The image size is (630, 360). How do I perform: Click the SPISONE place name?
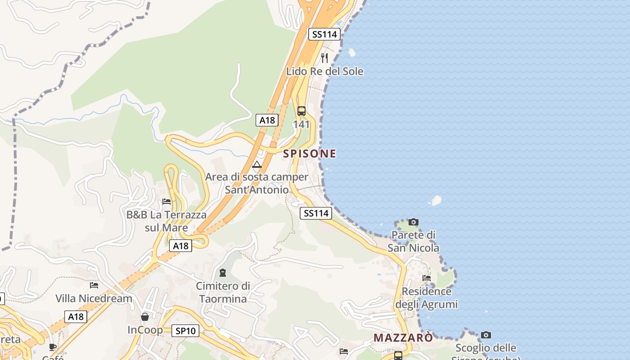coord(310,153)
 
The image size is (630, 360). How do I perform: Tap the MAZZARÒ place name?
coord(403,337)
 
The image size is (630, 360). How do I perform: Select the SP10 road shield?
coord(185,331)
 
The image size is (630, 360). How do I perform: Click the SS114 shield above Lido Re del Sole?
coord(324,34)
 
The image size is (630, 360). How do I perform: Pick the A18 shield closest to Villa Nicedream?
coord(76,316)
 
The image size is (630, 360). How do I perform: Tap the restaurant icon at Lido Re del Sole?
coord(324,58)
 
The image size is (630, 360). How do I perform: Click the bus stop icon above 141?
coord(301,111)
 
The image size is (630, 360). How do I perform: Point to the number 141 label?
coord(301,124)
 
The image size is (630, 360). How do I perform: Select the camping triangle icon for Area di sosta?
coord(257,164)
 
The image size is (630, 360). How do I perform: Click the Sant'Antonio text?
coord(256,189)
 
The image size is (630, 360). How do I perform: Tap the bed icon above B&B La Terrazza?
coord(166,201)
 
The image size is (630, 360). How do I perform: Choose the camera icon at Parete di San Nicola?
coord(413,222)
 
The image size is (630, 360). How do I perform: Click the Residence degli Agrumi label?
coord(426,298)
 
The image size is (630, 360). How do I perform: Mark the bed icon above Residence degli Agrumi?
coord(427,278)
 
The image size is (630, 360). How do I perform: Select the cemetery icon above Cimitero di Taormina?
coord(222,272)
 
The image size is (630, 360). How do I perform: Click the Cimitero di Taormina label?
coord(223,292)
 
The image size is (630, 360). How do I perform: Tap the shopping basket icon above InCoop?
coord(145,317)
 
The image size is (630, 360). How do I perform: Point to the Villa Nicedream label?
coord(94,298)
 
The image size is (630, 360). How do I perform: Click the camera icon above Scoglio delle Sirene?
coord(486,335)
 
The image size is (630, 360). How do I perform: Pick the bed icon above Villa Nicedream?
coord(94,284)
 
